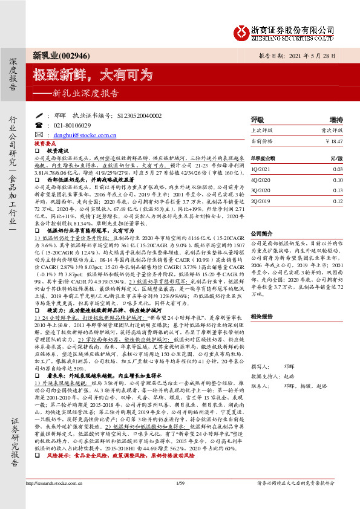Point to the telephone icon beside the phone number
click(x=39, y=125)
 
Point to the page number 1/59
click(x=178, y=499)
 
